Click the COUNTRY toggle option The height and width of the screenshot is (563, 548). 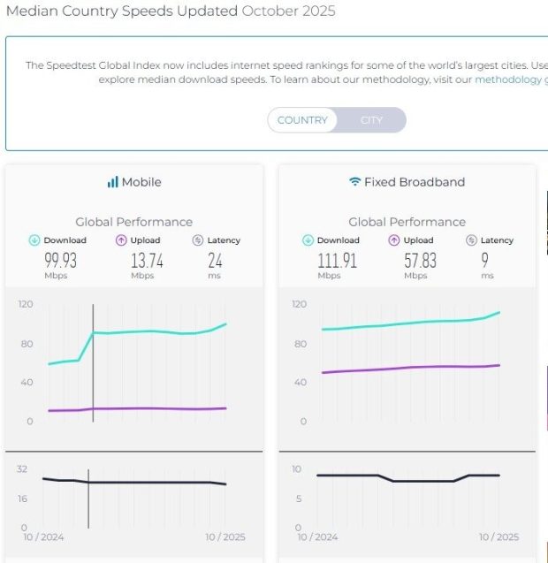(x=302, y=120)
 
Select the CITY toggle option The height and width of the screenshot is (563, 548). (x=371, y=120)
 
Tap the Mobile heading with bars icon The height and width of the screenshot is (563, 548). (x=133, y=182)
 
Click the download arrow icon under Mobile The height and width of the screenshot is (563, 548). (x=34, y=240)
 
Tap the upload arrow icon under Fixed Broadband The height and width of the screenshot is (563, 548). (x=394, y=240)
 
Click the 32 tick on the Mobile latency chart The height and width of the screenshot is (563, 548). (x=22, y=469)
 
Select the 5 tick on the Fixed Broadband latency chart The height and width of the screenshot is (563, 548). (x=299, y=498)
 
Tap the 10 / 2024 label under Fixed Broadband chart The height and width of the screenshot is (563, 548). (x=317, y=536)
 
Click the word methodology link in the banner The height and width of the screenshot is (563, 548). (x=508, y=80)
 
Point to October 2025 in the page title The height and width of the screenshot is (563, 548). (x=288, y=11)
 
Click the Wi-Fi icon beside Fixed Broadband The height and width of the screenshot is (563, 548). (x=354, y=182)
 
